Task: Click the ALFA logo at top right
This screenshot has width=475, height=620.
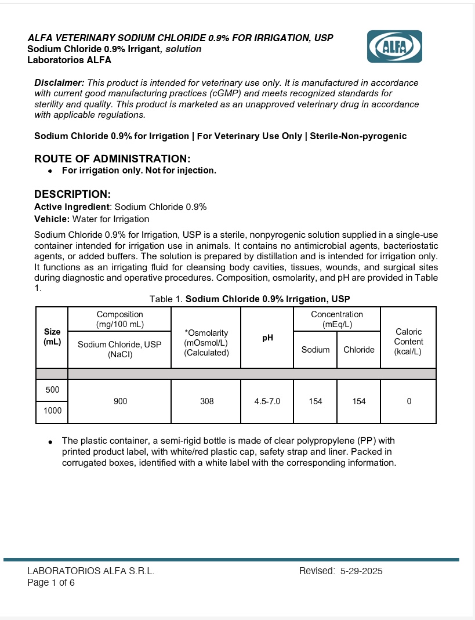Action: tap(394, 46)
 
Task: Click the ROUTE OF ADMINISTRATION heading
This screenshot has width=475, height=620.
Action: tap(112, 159)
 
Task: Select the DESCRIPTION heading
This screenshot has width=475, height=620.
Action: tap(72, 194)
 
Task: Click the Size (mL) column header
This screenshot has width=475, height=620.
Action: tap(52, 337)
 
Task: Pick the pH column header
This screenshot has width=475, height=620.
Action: tap(267, 337)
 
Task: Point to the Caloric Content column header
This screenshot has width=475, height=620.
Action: tap(408, 342)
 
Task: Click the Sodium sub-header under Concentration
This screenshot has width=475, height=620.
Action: tap(316, 350)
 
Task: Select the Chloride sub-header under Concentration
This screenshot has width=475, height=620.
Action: tap(359, 350)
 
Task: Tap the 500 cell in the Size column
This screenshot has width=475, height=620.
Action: tap(52, 390)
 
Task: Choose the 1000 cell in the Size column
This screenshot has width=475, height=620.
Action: tap(52, 412)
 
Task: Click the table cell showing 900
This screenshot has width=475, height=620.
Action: tap(120, 401)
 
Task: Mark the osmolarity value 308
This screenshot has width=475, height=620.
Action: tap(206, 401)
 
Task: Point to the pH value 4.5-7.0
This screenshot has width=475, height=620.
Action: tap(267, 401)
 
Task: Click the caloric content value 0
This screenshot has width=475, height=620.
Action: tap(409, 401)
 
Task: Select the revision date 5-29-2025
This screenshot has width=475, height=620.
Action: tap(361, 571)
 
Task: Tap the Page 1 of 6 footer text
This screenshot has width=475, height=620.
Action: tap(51, 583)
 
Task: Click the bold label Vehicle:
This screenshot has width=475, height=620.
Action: tap(52, 219)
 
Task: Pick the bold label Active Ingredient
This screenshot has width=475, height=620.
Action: tap(72, 207)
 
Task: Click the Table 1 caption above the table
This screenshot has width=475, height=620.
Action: tap(249, 299)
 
